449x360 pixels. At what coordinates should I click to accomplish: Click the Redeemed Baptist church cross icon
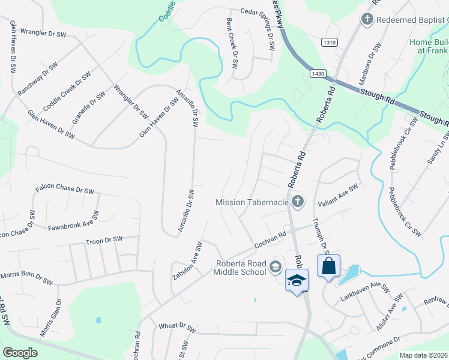click(366, 20)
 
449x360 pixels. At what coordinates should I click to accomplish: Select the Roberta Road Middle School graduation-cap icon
click(276, 266)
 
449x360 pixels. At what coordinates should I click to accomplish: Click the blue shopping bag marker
click(328, 267)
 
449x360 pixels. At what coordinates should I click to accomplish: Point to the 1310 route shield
click(330, 42)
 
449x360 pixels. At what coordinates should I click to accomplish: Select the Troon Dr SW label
click(104, 240)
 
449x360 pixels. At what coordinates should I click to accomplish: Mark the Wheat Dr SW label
click(177, 328)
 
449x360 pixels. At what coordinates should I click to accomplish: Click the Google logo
click(20, 353)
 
